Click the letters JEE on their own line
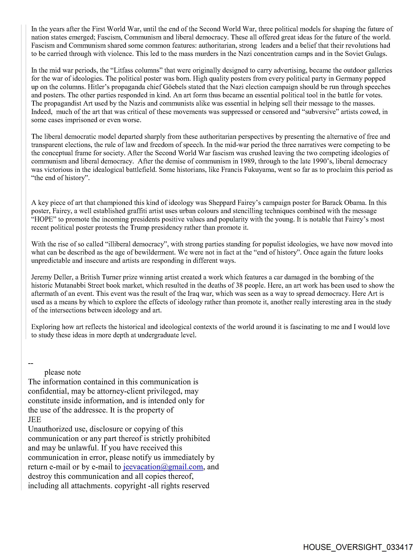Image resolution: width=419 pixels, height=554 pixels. click(x=35, y=419)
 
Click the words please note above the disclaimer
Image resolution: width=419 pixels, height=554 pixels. click(x=63, y=372)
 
